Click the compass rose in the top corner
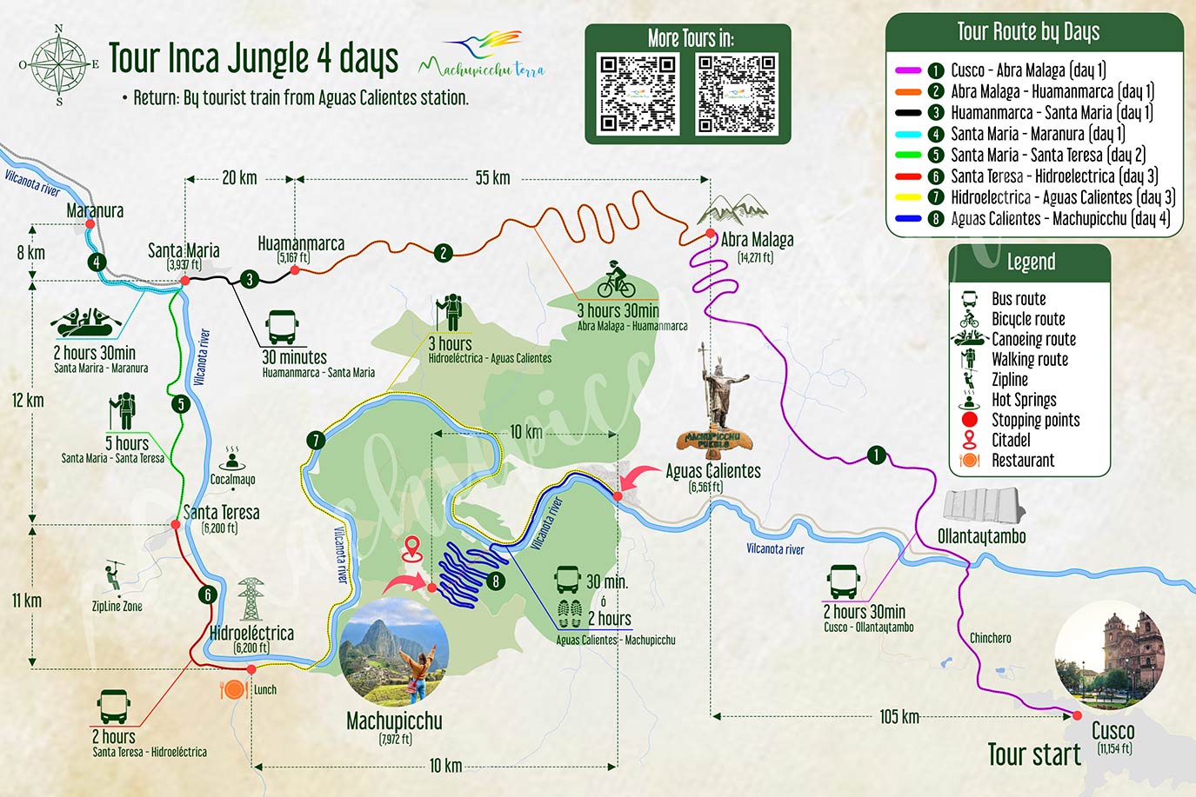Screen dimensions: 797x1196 (59, 64)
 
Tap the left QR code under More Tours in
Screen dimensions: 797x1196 (638, 94)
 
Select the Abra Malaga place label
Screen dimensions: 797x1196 (756, 240)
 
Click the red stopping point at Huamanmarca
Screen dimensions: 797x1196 (295, 270)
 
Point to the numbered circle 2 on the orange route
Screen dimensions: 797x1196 (444, 253)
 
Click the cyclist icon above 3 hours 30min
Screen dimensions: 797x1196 (616, 280)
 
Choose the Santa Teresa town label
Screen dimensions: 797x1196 (221, 513)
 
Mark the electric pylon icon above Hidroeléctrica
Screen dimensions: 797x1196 (251, 599)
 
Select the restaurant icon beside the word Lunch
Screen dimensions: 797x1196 (234, 690)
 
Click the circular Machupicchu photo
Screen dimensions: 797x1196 (395, 651)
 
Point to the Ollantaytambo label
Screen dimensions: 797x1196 (981, 536)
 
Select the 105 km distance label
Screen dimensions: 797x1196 (899, 717)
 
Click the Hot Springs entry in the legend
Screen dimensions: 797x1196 (1023, 400)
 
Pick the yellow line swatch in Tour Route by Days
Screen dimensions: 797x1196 (908, 197)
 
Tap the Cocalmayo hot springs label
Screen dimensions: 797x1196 (232, 480)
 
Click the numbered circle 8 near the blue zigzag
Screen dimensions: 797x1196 (495, 581)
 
